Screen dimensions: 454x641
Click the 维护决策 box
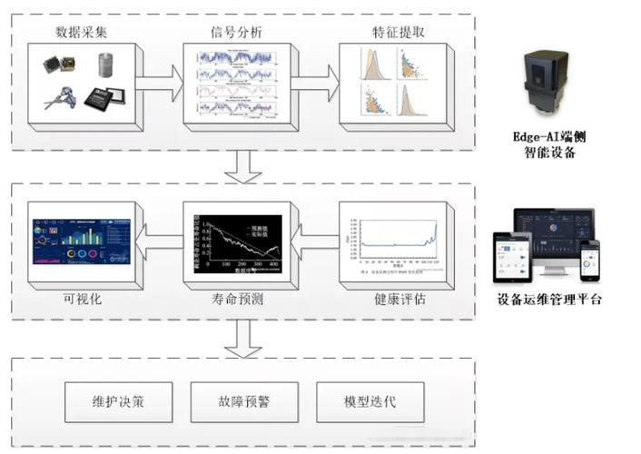tap(116, 400)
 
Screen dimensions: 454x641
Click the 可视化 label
tap(80, 299)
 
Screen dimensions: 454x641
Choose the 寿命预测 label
tap(236, 299)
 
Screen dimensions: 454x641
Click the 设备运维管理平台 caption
tap(549, 300)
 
